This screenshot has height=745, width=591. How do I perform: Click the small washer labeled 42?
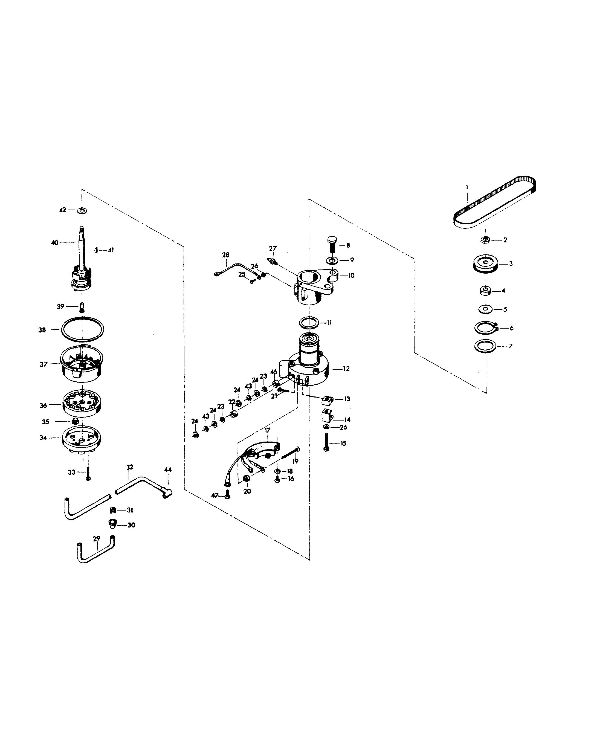pyautogui.click(x=82, y=210)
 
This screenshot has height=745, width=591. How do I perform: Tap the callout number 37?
pyautogui.click(x=44, y=364)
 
